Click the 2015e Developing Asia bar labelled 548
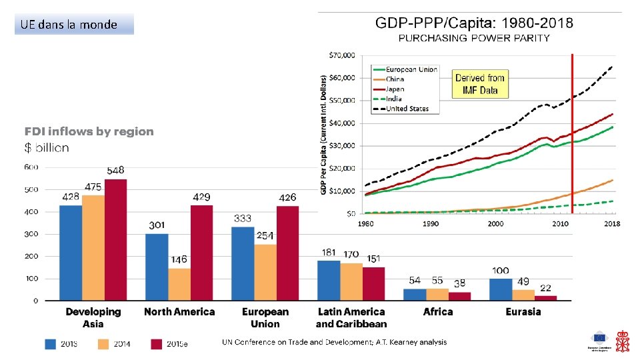[115, 239]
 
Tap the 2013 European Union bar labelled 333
[243, 263]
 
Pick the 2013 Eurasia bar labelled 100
[500, 289]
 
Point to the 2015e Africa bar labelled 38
[459, 296]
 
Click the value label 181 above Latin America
[329, 253]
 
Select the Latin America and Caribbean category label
[351, 317]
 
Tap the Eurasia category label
[523, 311]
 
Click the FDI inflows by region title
[89, 131]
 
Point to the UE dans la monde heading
[69, 25]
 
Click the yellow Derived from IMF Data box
[480, 84]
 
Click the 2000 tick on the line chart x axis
[495, 223]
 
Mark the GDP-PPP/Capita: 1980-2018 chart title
[474, 23]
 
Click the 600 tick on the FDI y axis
[31, 167]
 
